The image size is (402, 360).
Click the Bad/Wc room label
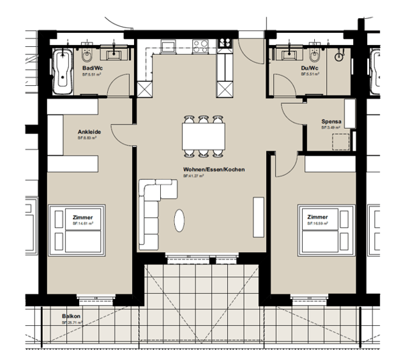click(x=92, y=68)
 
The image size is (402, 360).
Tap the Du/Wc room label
click(x=310, y=68)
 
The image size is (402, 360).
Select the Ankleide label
click(x=88, y=132)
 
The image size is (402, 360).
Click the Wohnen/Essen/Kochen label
click(x=204, y=170)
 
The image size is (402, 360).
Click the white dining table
click(x=204, y=137)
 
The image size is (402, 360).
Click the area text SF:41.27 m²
click(x=204, y=176)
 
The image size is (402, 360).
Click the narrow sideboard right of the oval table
click(x=257, y=218)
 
